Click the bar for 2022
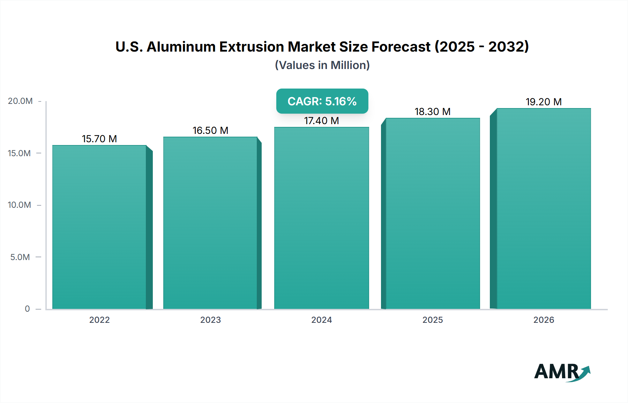click(x=99, y=227)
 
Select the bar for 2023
click(x=210, y=223)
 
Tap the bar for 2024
click(x=321, y=218)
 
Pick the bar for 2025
click(x=433, y=213)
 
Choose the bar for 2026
click(x=544, y=208)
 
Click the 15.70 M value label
click(x=99, y=139)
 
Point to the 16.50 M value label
click(x=210, y=130)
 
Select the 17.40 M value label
click(x=321, y=121)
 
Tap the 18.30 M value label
click(x=433, y=112)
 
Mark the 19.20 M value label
click(x=544, y=102)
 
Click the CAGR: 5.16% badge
click(x=322, y=101)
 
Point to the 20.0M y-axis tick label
click(x=20, y=101)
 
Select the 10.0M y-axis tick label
click(x=20, y=205)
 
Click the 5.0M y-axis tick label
click(x=20, y=257)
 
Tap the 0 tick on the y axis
click(x=27, y=309)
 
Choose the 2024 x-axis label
click(x=321, y=320)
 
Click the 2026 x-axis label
click(x=544, y=320)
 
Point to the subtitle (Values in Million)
click(x=322, y=65)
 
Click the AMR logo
click(x=562, y=372)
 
